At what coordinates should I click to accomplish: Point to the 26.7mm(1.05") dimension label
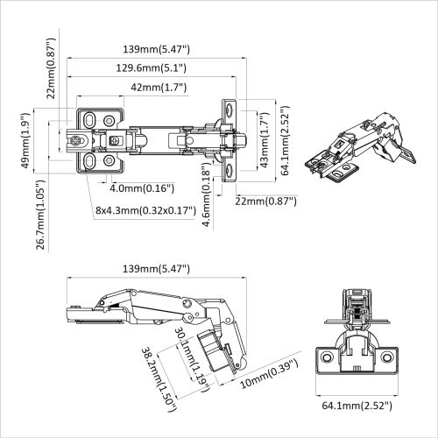[x=41, y=216]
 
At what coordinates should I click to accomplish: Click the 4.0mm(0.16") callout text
[x=142, y=187]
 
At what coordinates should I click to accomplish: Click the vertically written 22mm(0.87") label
[x=52, y=68]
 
